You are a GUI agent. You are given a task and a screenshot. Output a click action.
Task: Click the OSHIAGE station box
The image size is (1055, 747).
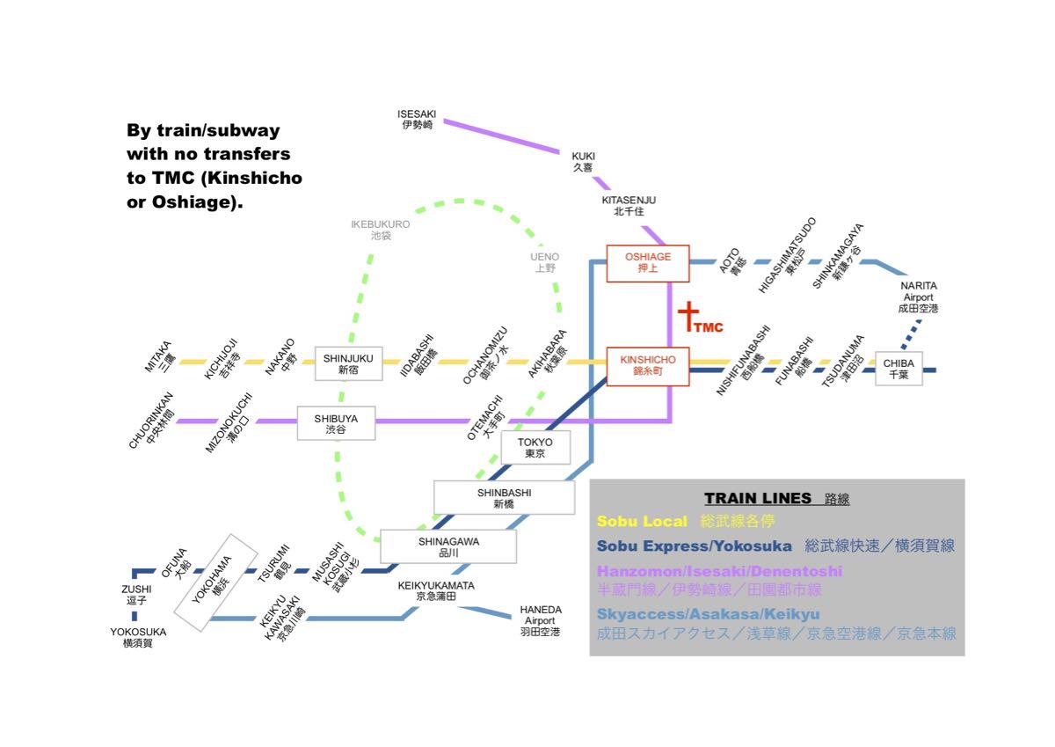coord(648,263)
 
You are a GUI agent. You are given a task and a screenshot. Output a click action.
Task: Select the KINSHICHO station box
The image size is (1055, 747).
coord(648,365)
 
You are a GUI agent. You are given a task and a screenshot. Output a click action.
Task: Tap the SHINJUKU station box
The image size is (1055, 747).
coord(348,363)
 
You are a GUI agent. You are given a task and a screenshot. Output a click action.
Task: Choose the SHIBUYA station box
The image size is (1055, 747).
coord(336,424)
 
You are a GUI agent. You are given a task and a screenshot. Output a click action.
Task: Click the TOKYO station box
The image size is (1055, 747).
coord(535,448)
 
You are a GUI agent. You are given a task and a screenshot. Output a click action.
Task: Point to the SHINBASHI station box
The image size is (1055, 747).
coord(504,498)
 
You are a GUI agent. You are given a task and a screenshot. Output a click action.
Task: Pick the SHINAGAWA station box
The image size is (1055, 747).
coord(448,546)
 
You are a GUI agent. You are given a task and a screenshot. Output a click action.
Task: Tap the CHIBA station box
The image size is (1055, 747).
coord(899,369)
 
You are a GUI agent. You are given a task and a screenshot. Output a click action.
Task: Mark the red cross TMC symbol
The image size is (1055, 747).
coord(688,317)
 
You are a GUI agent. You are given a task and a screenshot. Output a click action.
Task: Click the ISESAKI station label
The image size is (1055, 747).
coord(417,120)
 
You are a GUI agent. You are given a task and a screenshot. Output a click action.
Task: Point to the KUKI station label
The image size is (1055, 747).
coord(583,161)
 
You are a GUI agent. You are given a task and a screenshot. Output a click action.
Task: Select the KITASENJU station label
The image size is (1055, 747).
coord(629,206)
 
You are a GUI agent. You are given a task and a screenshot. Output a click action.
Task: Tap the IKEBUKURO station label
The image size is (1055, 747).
coord(380,230)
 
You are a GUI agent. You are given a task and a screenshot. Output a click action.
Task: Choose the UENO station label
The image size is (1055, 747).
coord(545,262)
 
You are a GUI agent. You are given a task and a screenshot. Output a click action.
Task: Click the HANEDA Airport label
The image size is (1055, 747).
coord(540,620)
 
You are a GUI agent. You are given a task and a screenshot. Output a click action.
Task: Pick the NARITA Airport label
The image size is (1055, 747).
coord(919,297)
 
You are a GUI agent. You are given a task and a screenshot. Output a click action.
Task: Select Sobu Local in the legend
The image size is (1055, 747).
coord(642,522)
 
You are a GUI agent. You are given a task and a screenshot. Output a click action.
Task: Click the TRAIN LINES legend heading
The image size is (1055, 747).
coord(758,499)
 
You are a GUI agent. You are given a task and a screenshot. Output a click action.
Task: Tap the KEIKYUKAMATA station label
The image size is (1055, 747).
coord(436,590)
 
